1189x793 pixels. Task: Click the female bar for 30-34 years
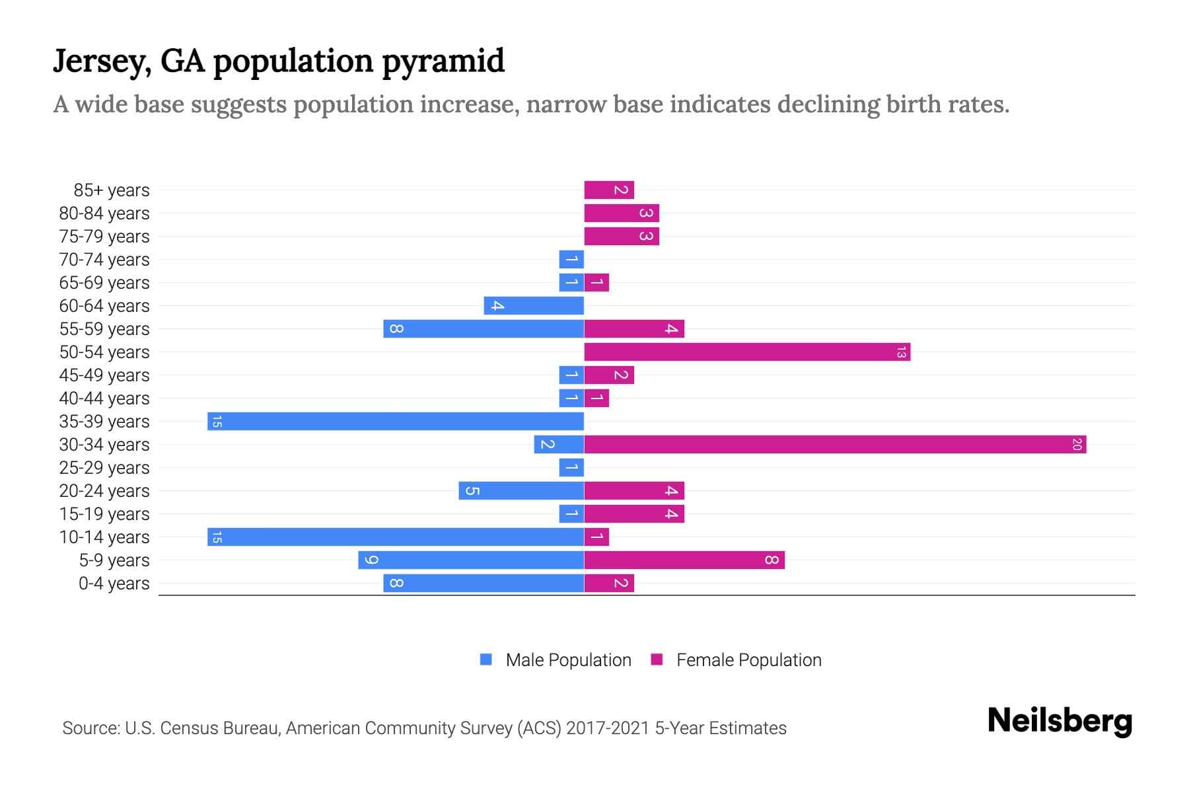pyautogui.click(x=835, y=445)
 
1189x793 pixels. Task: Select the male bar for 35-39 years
pyautogui.click(x=396, y=422)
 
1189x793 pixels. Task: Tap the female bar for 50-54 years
pyautogui.click(x=747, y=352)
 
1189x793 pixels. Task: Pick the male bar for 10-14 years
pyautogui.click(x=396, y=537)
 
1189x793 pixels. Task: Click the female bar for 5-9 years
pyautogui.click(x=684, y=560)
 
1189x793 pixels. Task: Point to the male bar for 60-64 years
pyautogui.click(x=534, y=306)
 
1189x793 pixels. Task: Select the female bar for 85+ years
pyautogui.click(x=609, y=190)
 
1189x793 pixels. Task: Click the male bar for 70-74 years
pyautogui.click(x=571, y=260)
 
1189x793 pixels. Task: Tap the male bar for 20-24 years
pyautogui.click(x=521, y=491)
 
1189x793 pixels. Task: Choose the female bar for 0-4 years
pyautogui.click(x=609, y=584)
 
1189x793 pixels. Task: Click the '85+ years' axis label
pyautogui.click(x=112, y=190)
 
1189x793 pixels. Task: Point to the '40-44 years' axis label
pyautogui.click(x=104, y=398)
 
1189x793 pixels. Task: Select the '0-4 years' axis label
pyautogui.click(x=114, y=584)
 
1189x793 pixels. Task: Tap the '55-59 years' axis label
pyautogui.click(x=104, y=329)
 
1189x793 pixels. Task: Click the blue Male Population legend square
pyautogui.click(x=486, y=660)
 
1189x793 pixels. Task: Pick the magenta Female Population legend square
pyautogui.click(x=657, y=660)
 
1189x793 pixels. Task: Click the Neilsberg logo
pyautogui.click(x=1060, y=721)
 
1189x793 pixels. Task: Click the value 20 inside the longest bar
pyautogui.click(x=1077, y=445)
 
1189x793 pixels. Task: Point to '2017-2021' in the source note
pyautogui.click(x=608, y=728)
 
